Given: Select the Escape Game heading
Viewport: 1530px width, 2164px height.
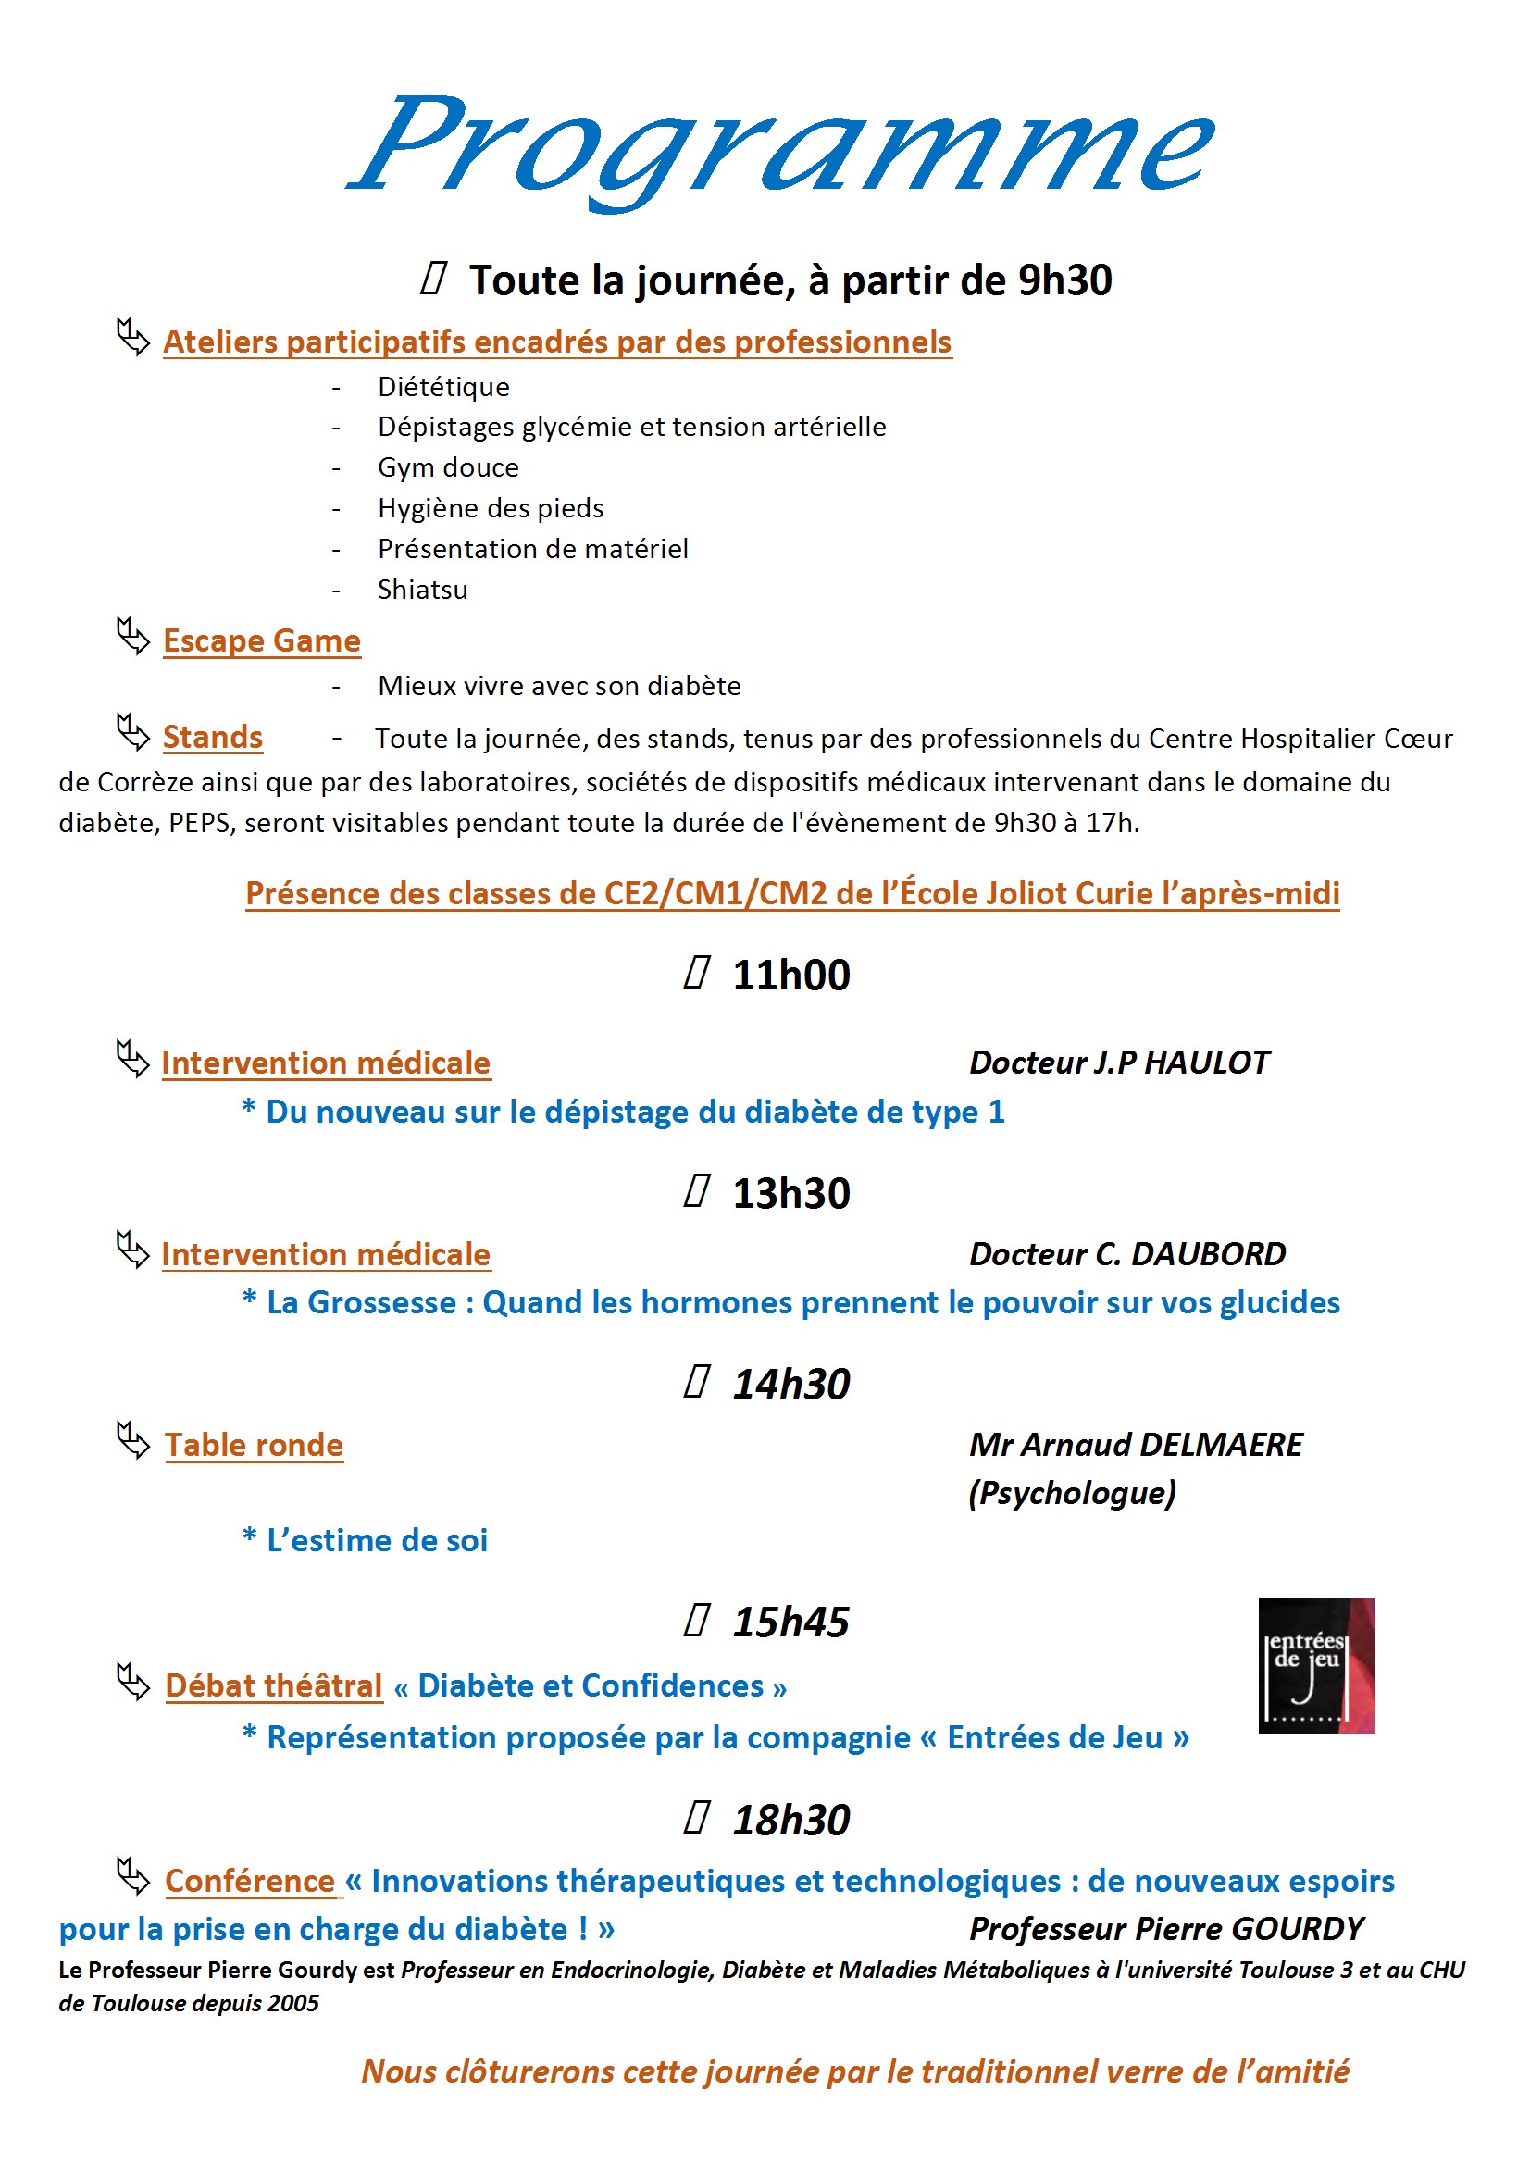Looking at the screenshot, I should pyautogui.click(x=261, y=640).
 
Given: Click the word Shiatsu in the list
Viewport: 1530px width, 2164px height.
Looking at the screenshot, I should pyautogui.click(x=422, y=590).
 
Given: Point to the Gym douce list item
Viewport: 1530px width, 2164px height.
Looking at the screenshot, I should pyautogui.click(x=448, y=467).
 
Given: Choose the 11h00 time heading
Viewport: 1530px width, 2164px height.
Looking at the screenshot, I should pyautogui.click(x=790, y=976).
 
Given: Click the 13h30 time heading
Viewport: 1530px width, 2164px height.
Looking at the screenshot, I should pyautogui.click(x=790, y=1194).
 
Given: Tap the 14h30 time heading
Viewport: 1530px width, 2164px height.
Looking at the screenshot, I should pyautogui.click(x=790, y=1385).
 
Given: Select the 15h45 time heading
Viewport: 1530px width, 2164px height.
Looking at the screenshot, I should pyautogui.click(x=790, y=1622).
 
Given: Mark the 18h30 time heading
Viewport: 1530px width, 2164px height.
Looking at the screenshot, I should pyautogui.click(x=790, y=1820).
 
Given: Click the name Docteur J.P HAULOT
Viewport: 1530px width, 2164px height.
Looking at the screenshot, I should pyautogui.click(x=1119, y=1063).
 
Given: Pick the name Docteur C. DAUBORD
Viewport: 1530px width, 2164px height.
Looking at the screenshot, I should pyautogui.click(x=1126, y=1254).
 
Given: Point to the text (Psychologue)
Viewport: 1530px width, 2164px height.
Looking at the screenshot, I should pyautogui.click(x=1072, y=1493).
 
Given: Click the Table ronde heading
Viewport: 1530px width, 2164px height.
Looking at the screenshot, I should pyautogui.click(x=254, y=1446).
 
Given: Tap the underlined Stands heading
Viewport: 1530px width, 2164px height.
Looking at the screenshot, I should pyautogui.click(x=212, y=737).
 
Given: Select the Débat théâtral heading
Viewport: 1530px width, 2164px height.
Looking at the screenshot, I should pyautogui.click(x=273, y=1686).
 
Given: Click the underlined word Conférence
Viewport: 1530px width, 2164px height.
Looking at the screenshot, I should pyautogui.click(x=250, y=1882).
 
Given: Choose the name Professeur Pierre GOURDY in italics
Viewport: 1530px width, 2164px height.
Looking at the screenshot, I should pyautogui.click(x=1166, y=1929).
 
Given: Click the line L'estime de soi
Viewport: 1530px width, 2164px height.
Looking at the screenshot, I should pyautogui.click(x=376, y=1541).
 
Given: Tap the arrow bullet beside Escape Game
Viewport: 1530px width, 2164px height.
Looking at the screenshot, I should pyautogui.click(x=133, y=637).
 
